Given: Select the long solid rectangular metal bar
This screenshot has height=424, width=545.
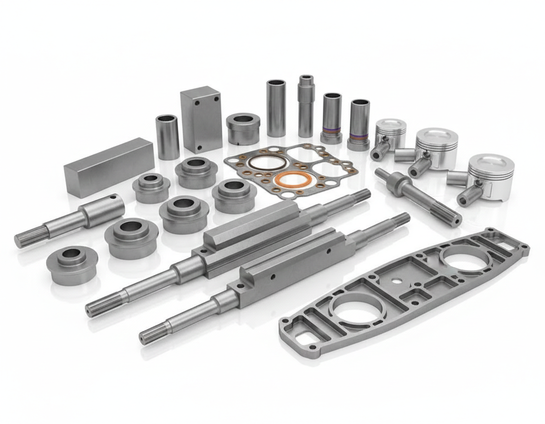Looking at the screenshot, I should (x=109, y=166).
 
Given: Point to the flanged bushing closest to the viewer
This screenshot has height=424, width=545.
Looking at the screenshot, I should (x=72, y=265).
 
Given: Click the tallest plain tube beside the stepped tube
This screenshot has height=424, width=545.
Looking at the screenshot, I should (x=276, y=108).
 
